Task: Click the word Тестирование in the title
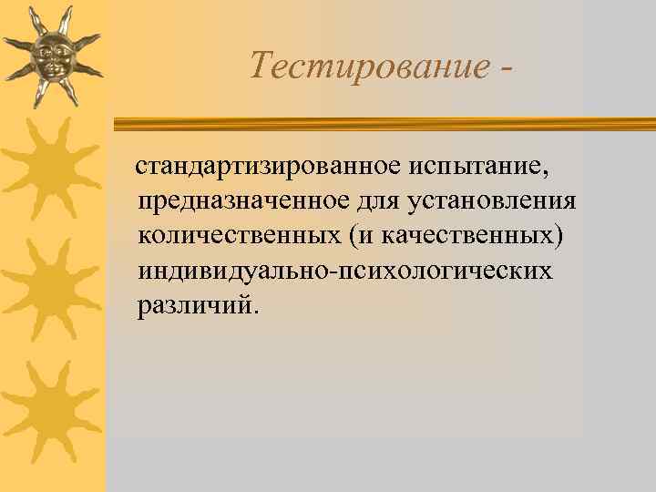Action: [365, 66]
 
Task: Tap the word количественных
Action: [239, 236]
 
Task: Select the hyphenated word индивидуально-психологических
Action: [345, 271]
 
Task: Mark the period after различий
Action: [256, 311]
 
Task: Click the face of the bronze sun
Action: [51, 56]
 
